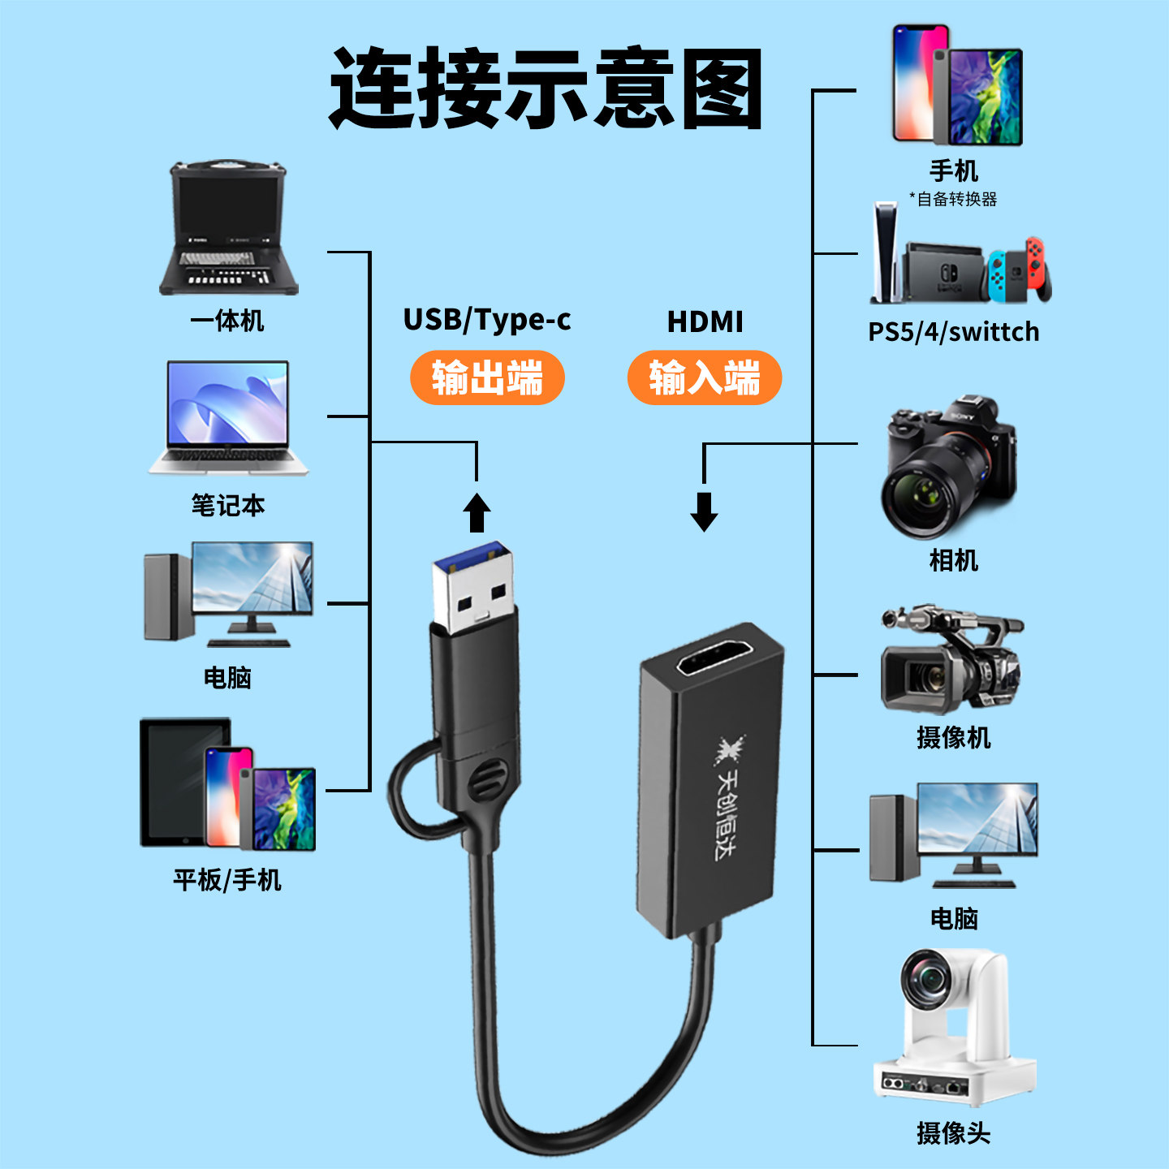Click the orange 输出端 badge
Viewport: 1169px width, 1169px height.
tap(487, 377)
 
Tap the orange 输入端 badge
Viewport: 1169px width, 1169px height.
tap(704, 377)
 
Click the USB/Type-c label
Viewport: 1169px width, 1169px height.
tap(487, 320)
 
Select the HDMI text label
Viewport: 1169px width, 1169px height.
tap(705, 322)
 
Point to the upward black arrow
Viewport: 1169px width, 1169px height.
tap(477, 513)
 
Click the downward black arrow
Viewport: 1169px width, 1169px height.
tap(704, 511)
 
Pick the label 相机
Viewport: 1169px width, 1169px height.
tap(953, 560)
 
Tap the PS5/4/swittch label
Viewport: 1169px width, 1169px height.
tap(953, 332)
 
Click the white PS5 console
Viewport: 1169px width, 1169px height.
tap(885, 252)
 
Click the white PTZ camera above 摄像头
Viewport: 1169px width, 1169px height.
tap(954, 1027)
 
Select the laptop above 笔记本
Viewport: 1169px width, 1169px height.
tap(228, 418)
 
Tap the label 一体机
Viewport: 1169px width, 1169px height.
tap(226, 321)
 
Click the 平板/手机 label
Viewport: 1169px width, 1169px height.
tap(226, 880)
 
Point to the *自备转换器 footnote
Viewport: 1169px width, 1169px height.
tap(953, 199)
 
